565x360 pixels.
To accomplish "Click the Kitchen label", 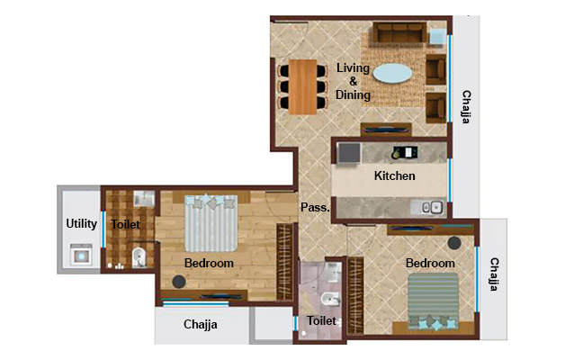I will pyautogui.click(x=394, y=176).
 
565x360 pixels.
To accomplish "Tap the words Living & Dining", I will pyautogui.click(x=354, y=81).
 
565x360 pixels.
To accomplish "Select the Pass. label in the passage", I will pyautogui.click(x=314, y=207).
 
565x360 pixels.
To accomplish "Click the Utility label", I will pyautogui.click(x=81, y=223).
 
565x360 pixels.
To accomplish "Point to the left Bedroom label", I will pyautogui.click(x=209, y=263).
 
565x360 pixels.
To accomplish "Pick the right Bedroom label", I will pyautogui.click(x=429, y=263).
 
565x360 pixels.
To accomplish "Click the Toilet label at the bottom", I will pyautogui.click(x=321, y=320).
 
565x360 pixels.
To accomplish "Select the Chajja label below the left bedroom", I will pyautogui.click(x=201, y=324).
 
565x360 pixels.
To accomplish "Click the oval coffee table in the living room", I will pyautogui.click(x=396, y=73).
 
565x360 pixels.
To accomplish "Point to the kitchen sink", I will pyautogui.click(x=431, y=206).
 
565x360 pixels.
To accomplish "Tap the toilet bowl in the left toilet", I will pyautogui.click(x=137, y=261).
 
